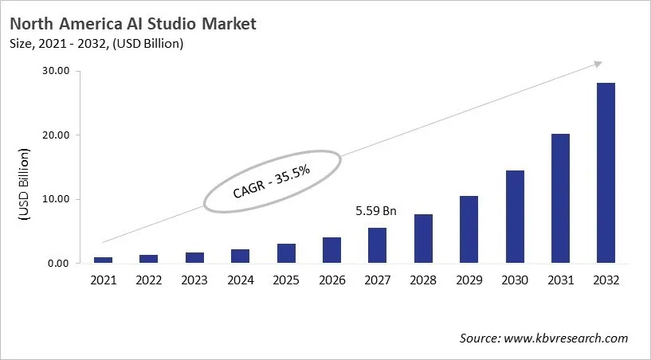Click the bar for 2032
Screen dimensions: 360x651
(606, 173)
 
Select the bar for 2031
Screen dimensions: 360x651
(560, 198)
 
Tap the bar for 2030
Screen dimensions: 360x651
(514, 217)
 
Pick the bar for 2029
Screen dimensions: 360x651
(469, 229)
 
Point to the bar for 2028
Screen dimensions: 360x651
(423, 239)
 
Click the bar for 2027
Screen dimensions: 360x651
(377, 245)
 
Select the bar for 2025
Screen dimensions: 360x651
(286, 253)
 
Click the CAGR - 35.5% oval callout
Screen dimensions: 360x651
(272, 181)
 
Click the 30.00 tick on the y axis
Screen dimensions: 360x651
(56, 71)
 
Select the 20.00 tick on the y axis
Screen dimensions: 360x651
(56, 135)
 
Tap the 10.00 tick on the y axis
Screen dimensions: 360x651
(56, 199)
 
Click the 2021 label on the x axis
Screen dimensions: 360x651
(104, 280)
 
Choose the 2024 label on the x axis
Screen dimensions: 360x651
(240, 280)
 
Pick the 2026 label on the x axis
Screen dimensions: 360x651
(331, 280)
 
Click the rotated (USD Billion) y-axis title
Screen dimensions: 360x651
(24, 184)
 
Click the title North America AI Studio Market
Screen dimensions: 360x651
(134, 24)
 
